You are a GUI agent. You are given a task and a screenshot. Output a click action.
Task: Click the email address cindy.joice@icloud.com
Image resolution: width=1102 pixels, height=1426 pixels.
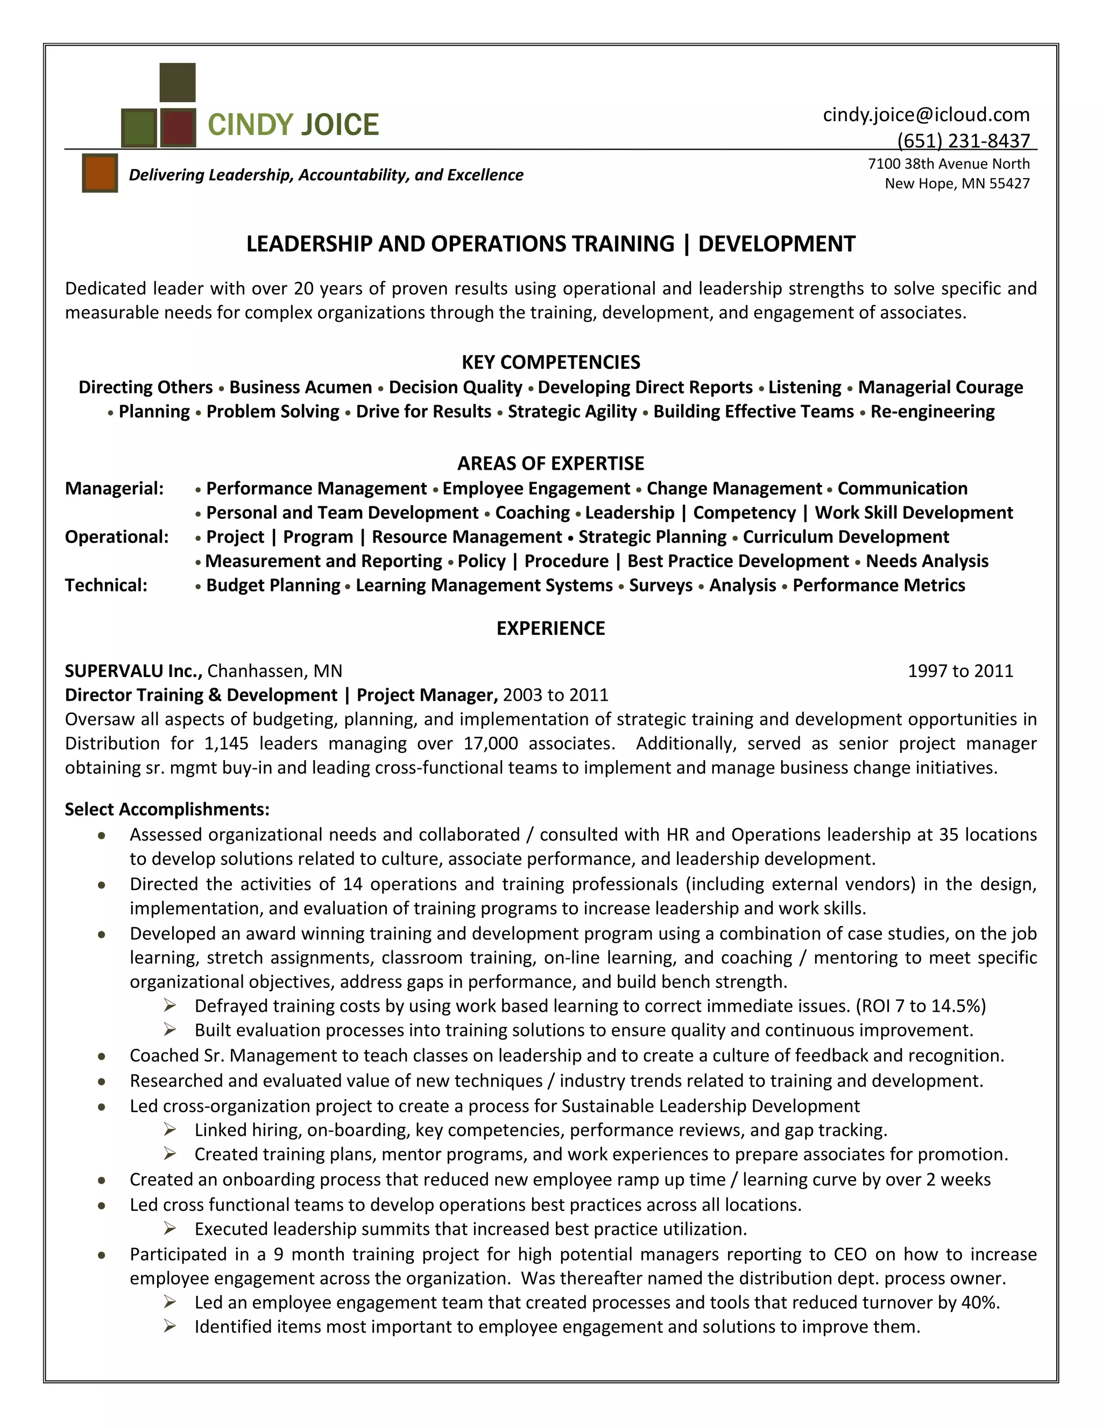click(926, 115)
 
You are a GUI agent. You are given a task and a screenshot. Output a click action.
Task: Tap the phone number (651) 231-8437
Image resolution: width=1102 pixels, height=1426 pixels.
click(963, 140)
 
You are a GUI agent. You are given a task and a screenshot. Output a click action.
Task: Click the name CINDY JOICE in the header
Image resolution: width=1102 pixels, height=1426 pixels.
click(293, 125)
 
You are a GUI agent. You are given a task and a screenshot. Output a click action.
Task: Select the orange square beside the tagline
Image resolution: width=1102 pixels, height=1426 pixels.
click(100, 173)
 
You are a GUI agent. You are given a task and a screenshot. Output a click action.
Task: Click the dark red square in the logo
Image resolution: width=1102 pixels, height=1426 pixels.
click(178, 128)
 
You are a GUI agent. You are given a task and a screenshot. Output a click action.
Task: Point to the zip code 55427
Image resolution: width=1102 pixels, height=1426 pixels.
click(1009, 183)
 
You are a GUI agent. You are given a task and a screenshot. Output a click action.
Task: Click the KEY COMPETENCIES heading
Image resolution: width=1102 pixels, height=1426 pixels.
click(550, 362)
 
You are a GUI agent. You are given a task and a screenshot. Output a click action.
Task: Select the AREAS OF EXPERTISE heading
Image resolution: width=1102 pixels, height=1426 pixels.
click(550, 463)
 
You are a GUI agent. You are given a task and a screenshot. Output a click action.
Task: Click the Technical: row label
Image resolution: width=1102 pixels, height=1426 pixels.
click(106, 585)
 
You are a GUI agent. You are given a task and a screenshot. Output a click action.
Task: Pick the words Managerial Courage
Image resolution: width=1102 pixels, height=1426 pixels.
click(940, 387)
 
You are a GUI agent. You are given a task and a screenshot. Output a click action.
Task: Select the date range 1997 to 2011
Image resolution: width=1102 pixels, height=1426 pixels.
click(960, 671)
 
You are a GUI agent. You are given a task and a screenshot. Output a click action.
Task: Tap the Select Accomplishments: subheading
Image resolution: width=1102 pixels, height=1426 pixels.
click(166, 810)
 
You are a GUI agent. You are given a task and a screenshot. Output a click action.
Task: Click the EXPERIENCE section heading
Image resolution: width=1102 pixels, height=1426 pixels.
click(550, 628)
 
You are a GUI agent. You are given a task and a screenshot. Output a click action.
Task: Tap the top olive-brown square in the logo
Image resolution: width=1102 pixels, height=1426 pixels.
click(178, 82)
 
